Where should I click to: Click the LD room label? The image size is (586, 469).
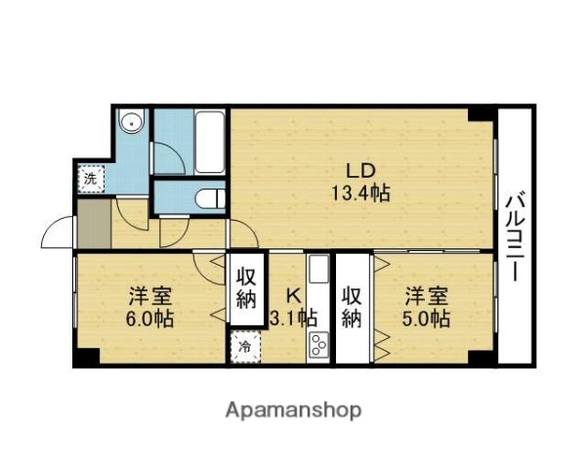(x=359, y=167)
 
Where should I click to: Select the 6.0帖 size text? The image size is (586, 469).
(x=149, y=319)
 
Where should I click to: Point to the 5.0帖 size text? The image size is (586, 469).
(x=426, y=319)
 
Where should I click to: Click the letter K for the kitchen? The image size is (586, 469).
(x=292, y=294)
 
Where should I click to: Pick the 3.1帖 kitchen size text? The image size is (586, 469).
(x=292, y=319)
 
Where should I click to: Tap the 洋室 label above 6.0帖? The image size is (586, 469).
(x=149, y=294)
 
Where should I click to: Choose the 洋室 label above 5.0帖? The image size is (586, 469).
(x=426, y=294)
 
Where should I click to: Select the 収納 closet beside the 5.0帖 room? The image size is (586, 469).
(x=352, y=305)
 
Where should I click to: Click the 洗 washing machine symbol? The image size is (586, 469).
(x=90, y=179)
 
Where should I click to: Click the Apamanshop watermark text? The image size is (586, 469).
(x=294, y=408)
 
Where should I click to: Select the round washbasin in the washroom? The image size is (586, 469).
(x=132, y=123)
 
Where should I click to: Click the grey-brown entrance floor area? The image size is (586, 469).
(x=94, y=225)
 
